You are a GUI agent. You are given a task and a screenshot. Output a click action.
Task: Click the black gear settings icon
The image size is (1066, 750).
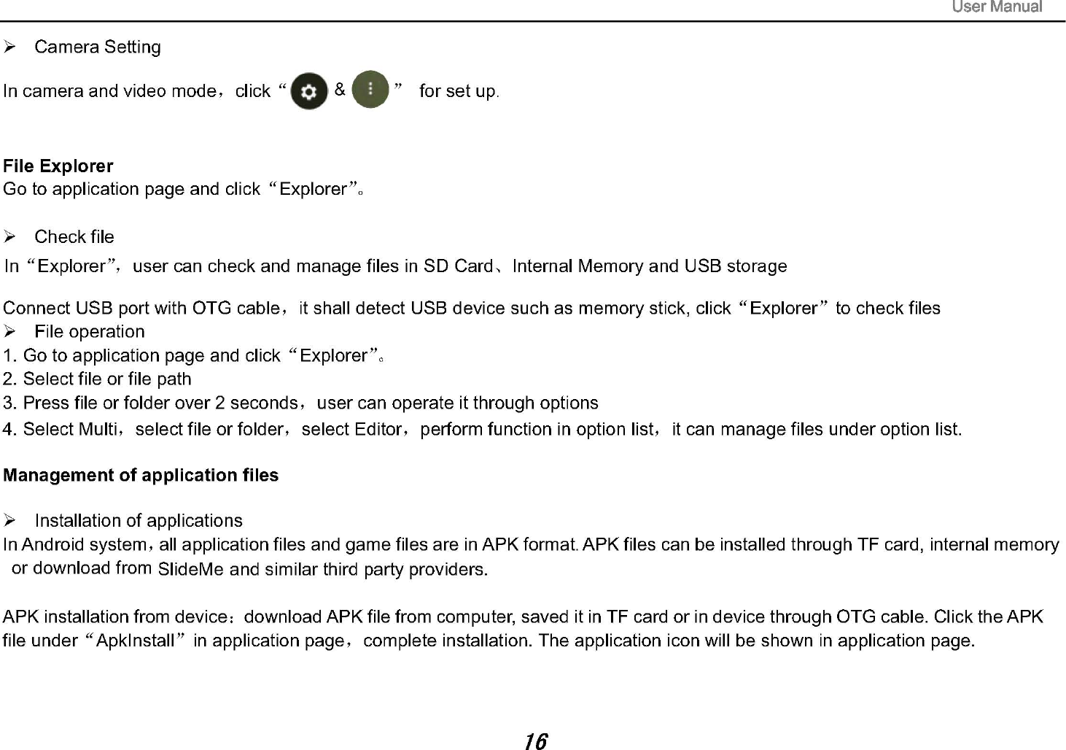[x=309, y=91]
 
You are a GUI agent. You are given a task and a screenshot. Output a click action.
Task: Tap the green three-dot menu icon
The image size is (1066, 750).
[x=370, y=90]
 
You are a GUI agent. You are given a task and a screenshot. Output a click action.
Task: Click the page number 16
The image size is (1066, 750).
[x=535, y=741]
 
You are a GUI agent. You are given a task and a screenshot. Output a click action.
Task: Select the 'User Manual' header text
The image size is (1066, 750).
[x=997, y=7]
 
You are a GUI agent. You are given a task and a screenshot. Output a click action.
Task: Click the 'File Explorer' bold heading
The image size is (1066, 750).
[x=58, y=166]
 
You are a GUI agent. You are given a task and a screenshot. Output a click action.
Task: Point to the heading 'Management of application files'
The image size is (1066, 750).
[x=141, y=476]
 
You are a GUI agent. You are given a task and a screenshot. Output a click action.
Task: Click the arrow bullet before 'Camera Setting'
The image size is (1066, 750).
[x=10, y=47]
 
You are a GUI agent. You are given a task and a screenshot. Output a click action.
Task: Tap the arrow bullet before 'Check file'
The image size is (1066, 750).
[x=10, y=237]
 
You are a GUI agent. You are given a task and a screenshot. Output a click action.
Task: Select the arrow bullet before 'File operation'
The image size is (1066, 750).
[x=10, y=332]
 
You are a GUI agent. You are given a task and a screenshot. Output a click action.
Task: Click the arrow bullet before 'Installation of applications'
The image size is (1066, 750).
[x=10, y=521]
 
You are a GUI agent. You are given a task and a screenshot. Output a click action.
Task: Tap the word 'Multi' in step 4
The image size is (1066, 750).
[x=98, y=430]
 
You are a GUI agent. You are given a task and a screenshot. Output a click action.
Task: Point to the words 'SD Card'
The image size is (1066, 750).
[x=458, y=266]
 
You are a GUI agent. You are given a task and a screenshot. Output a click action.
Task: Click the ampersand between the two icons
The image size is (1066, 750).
[x=340, y=90]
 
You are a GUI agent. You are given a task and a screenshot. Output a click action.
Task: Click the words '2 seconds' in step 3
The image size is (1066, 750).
[x=256, y=403]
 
